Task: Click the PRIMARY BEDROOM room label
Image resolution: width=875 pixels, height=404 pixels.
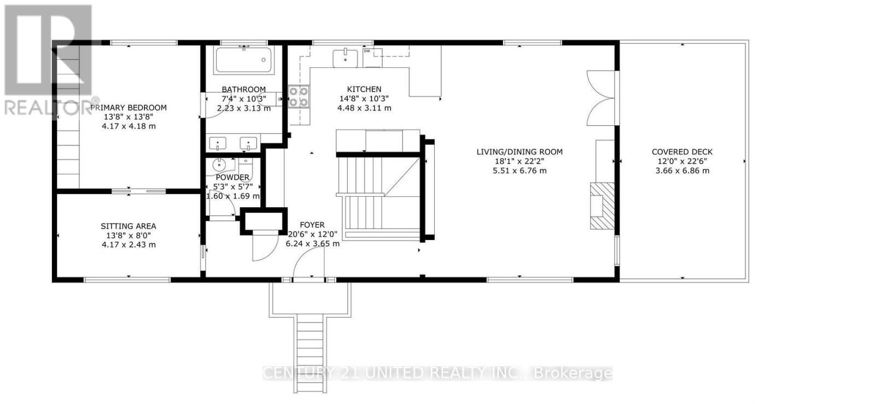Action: click(x=129, y=108)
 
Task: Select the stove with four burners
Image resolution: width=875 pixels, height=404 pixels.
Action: click(x=299, y=97)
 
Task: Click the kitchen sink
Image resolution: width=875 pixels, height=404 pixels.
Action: click(x=346, y=57)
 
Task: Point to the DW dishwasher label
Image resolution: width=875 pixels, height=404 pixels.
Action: click(x=367, y=51)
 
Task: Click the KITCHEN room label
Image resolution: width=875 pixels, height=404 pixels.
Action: click(x=364, y=89)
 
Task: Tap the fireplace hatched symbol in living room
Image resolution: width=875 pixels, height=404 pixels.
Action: click(x=602, y=206)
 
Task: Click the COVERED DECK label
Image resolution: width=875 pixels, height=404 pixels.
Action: click(x=682, y=152)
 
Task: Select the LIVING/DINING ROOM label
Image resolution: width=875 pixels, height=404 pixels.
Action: click(x=520, y=152)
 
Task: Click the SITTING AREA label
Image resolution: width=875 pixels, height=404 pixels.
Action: click(x=129, y=226)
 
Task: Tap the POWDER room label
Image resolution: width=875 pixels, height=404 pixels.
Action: click(x=232, y=177)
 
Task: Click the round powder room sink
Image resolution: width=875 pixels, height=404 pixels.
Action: click(x=219, y=164)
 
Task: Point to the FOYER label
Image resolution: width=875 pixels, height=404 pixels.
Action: click(x=312, y=225)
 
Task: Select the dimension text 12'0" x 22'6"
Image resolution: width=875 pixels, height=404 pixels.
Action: click(x=682, y=161)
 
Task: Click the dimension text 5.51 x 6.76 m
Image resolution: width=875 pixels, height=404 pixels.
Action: click(x=520, y=171)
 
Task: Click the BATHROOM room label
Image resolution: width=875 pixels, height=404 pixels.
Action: click(x=244, y=89)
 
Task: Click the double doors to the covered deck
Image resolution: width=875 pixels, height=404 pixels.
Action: click(x=600, y=98)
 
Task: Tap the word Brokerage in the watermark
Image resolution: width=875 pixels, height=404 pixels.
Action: click(x=573, y=373)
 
